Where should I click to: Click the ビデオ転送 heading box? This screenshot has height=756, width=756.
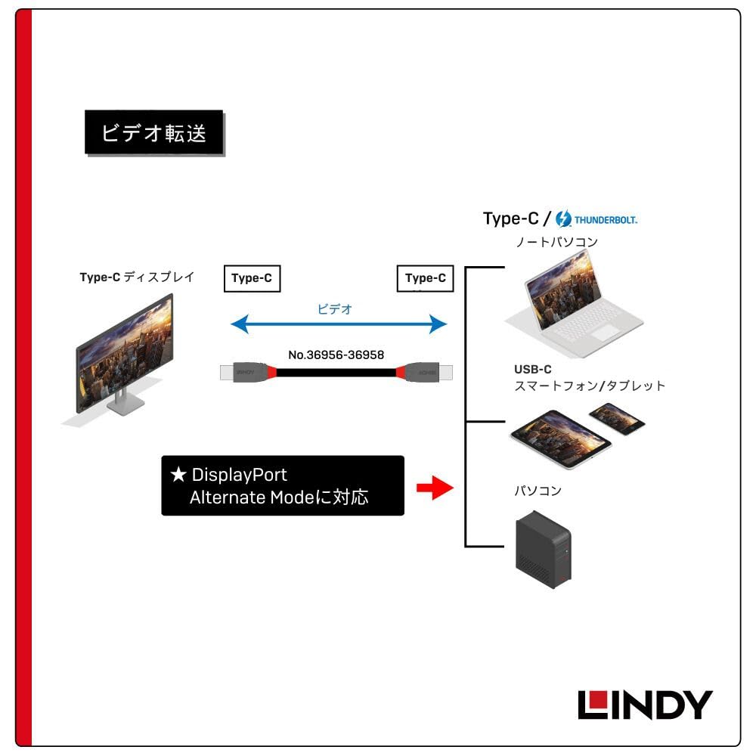153,132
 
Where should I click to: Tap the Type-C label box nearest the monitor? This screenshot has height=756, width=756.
252,278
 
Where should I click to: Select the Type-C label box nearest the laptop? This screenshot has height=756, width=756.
425,278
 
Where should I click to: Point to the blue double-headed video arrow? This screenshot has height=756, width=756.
339,325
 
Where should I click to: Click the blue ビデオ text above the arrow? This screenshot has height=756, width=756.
335,309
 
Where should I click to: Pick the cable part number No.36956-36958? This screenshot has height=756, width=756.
336,354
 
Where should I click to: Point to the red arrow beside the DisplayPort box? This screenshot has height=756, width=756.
434,488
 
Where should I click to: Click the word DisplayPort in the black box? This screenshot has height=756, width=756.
239,476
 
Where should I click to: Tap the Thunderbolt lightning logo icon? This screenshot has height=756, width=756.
563,219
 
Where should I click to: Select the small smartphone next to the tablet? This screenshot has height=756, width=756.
618,418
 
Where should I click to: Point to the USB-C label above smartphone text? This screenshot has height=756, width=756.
532,370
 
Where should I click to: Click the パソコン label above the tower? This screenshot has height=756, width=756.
538,491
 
